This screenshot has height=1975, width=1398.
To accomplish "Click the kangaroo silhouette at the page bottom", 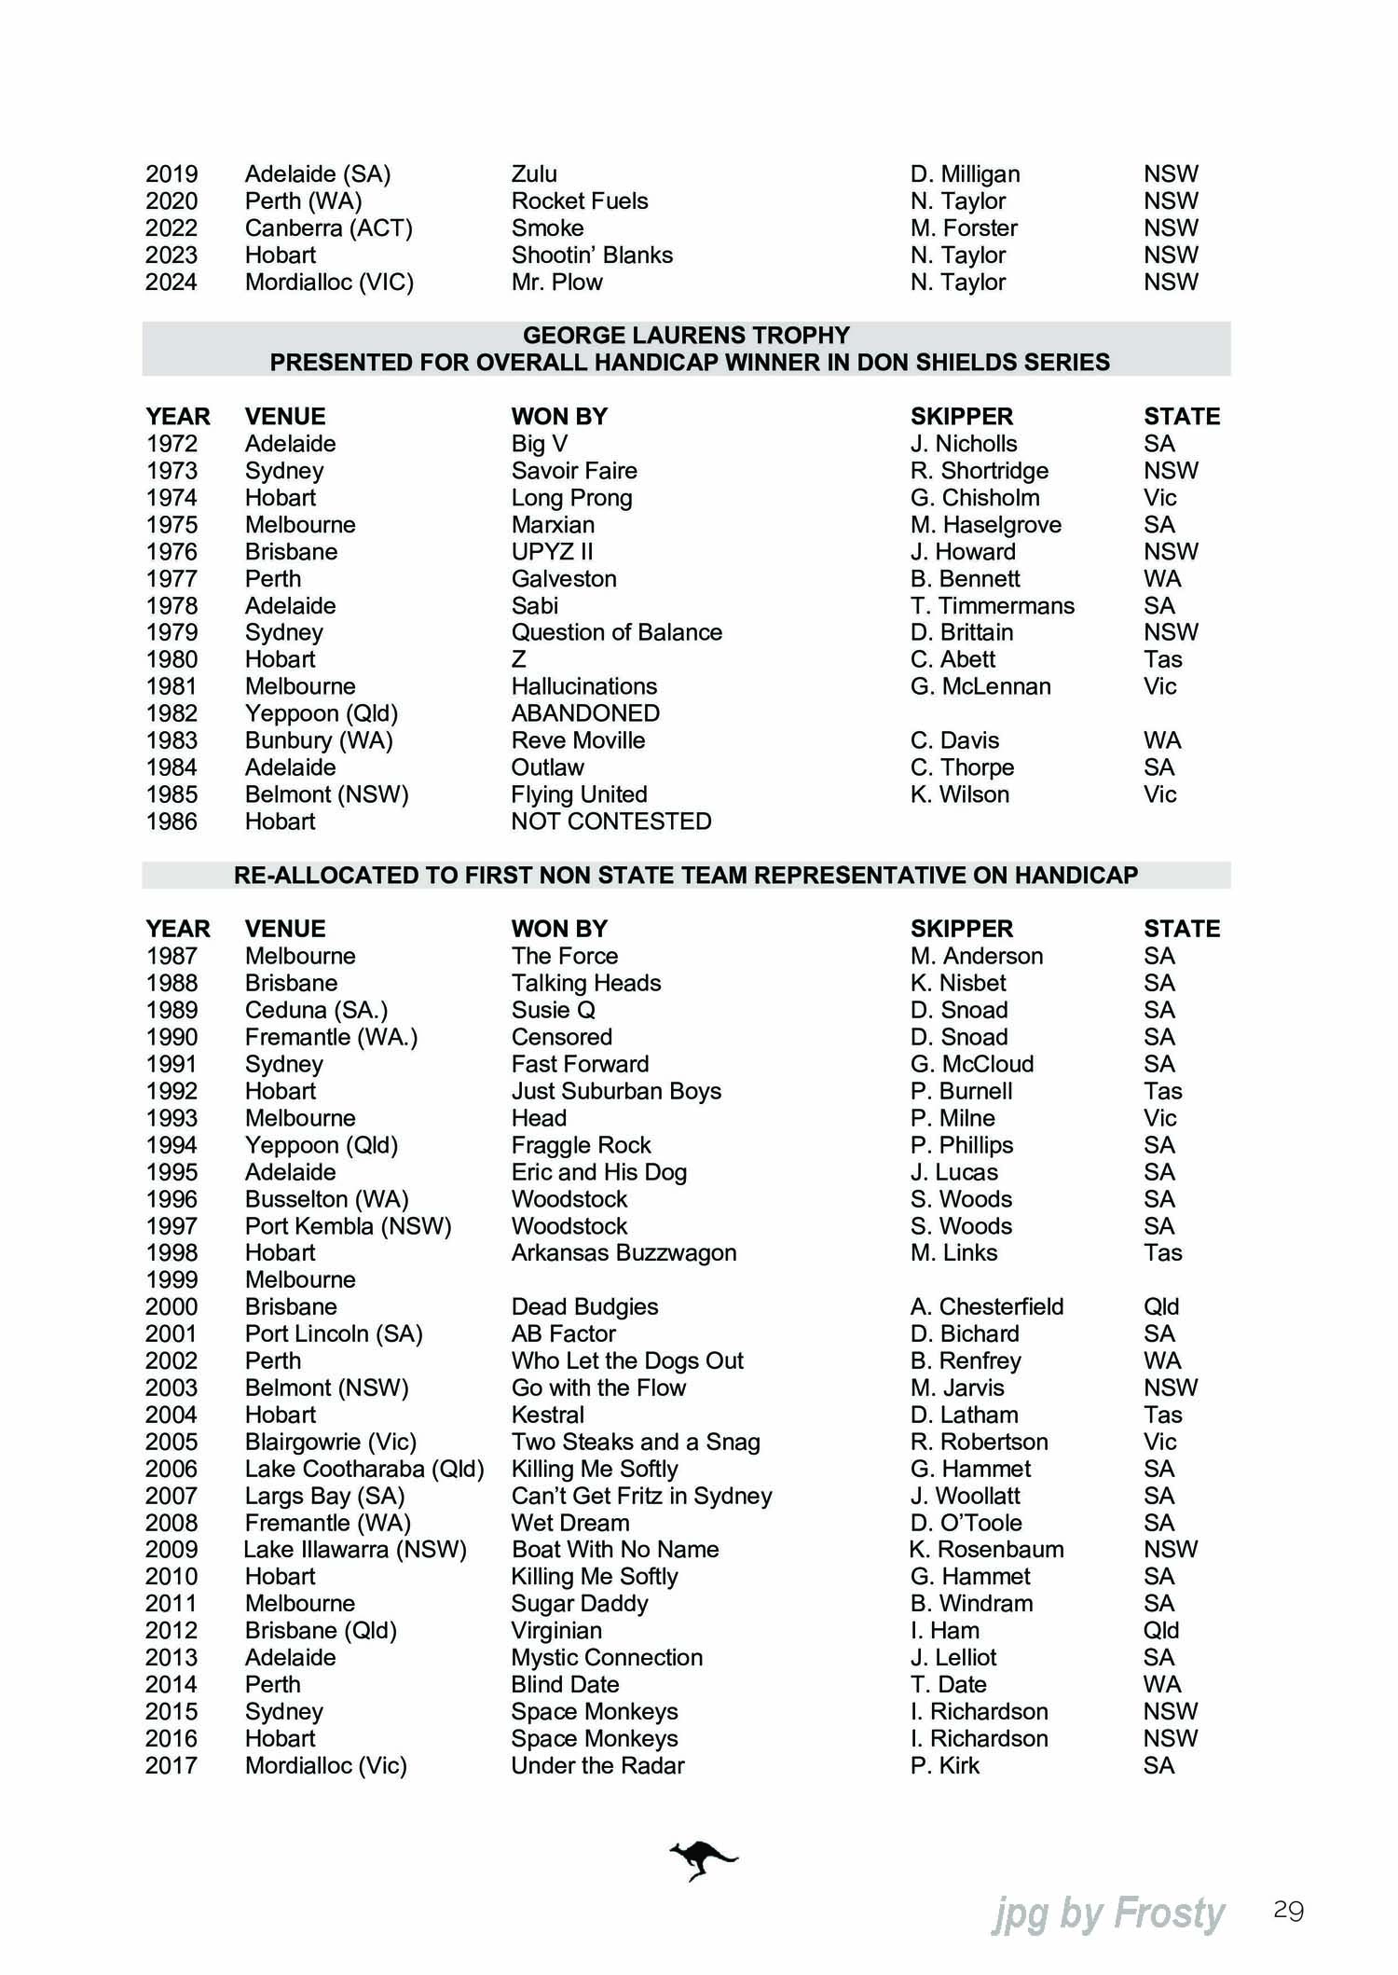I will click(x=703, y=1861).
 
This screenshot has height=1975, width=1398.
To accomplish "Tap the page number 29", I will click(x=1288, y=1911).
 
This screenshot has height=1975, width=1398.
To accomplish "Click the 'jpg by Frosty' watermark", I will click(x=1108, y=1914).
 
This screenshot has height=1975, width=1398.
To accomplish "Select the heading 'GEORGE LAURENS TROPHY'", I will click(x=686, y=336).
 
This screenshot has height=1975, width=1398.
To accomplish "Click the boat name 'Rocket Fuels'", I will click(x=579, y=201).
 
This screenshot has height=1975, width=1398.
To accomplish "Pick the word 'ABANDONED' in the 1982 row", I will click(x=585, y=713).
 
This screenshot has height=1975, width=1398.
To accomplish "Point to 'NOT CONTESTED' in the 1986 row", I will click(x=610, y=822).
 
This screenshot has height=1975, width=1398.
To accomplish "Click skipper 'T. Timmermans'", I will click(x=992, y=606).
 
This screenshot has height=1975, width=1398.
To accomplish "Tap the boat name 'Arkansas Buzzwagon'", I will click(x=624, y=1253).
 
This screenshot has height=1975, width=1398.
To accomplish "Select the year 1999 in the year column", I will click(x=171, y=1280).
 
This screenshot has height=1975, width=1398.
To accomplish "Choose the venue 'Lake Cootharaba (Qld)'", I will click(x=364, y=1470).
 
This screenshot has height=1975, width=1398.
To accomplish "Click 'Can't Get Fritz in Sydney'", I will click(x=641, y=1497).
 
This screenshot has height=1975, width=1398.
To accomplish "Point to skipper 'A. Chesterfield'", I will click(x=986, y=1307).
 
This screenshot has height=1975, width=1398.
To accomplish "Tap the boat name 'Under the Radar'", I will click(x=597, y=1766).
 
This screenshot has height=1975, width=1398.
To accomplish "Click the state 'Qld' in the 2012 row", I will click(x=1161, y=1631).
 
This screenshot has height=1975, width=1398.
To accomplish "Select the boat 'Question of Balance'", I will click(x=616, y=633).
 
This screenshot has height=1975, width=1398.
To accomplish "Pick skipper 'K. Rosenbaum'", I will click(x=986, y=1550).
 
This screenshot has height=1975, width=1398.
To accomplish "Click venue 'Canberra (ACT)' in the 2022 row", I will click(x=328, y=228).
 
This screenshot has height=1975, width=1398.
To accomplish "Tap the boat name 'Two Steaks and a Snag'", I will click(x=636, y=1443).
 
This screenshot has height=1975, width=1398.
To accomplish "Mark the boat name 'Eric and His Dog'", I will click(x=598, y=1173).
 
